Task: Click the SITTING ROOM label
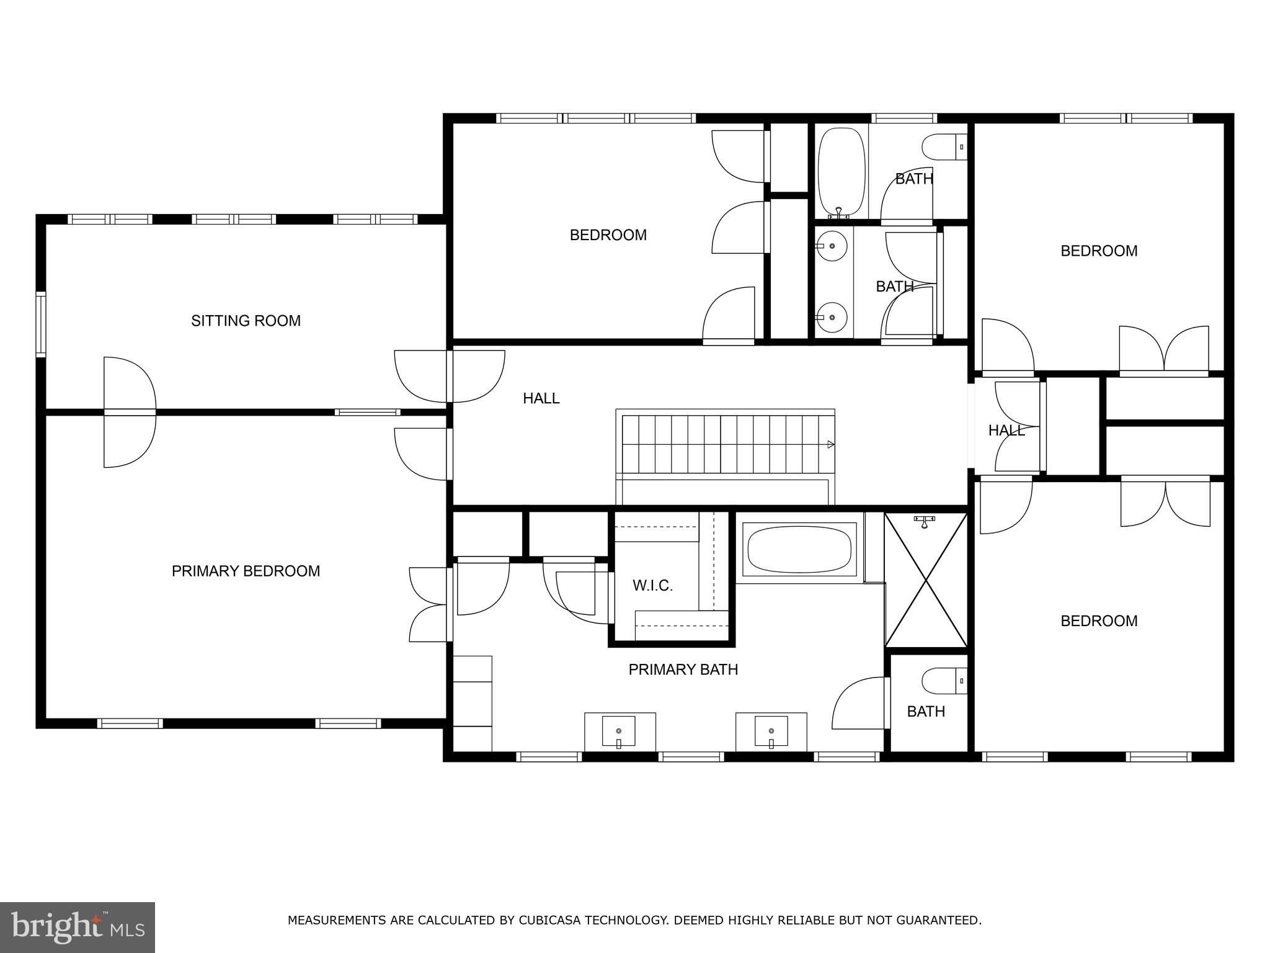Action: tap(246, 321)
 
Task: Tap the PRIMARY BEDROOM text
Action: tap(246, 571)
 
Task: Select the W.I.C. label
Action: tap(652, 586)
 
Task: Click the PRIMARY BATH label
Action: tap(683, 669)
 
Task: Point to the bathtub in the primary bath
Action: tap(799, 549)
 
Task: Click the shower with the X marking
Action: tap(926, 579)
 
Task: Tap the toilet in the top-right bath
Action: tap(943, 148)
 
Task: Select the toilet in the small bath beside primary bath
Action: tap(943, 681)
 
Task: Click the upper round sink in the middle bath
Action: tap(832, 246)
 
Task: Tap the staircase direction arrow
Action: tap(830, 444)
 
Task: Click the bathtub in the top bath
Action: tap(841, 171)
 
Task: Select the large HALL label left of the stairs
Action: tap(541, 398)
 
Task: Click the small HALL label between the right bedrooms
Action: tap(1006, 430)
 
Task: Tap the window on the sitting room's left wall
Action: tap(41, 324)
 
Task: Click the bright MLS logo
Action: tap(77, 928)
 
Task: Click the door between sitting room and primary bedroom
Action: tap(129, 412)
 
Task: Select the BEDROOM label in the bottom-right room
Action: tap(1098, 621)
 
